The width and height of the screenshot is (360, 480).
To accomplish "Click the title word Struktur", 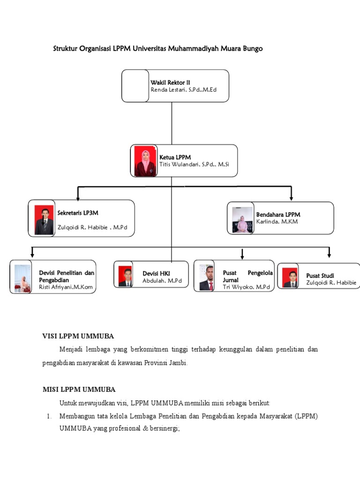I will [66, 49].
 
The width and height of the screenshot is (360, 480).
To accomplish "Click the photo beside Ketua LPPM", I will [145, 161].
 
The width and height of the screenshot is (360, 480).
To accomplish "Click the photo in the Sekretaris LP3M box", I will [44, 220].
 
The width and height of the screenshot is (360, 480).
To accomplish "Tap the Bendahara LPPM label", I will [278, 215].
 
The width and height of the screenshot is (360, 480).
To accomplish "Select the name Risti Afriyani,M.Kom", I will [66, 287].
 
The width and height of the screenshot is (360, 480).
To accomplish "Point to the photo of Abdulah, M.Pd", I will [125, 276].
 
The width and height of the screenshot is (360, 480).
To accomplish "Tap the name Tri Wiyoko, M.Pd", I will [246, 287].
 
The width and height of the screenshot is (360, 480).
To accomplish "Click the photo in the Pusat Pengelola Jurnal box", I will [206, 277].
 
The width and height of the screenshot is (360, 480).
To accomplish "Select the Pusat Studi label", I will [320, 276].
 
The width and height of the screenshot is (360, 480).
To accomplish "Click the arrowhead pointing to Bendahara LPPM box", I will [292, 197].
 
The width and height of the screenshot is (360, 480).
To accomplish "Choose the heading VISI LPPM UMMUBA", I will [78, 336].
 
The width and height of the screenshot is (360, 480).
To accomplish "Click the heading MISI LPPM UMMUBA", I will [79, 390].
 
